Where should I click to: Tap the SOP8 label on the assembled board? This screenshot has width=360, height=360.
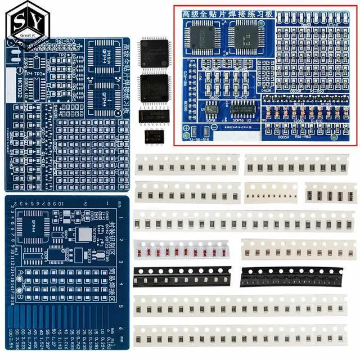(211, 120)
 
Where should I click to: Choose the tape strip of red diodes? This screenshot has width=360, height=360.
(183, 249)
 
